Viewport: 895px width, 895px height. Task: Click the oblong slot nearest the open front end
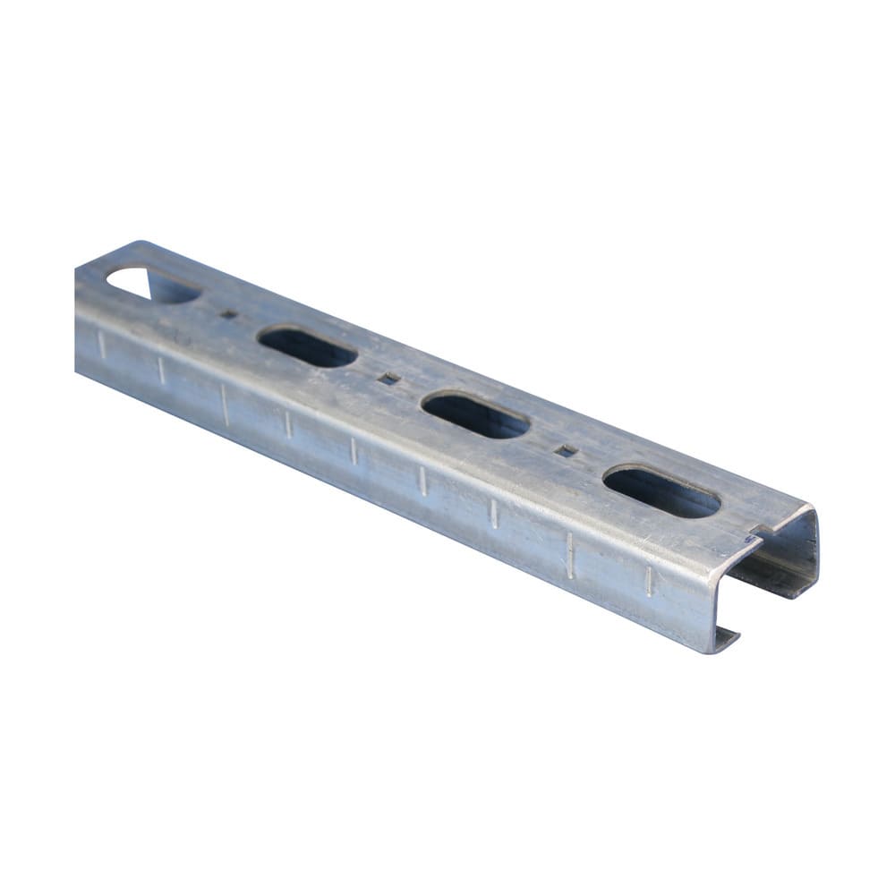(661, 491)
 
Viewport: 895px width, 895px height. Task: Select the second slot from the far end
(307, 347)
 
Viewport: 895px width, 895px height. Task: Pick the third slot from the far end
(475, 415)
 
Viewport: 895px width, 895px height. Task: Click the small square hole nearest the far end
(229, 314)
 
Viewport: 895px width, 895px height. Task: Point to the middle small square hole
(388, 379)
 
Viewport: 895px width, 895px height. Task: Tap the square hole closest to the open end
(566, 451)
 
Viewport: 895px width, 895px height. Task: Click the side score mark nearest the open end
(649, 581)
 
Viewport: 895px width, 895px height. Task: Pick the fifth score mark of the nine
(353, 451)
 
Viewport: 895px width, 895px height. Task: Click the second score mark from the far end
(161, 370)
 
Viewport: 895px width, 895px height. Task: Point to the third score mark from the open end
(493, 513)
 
